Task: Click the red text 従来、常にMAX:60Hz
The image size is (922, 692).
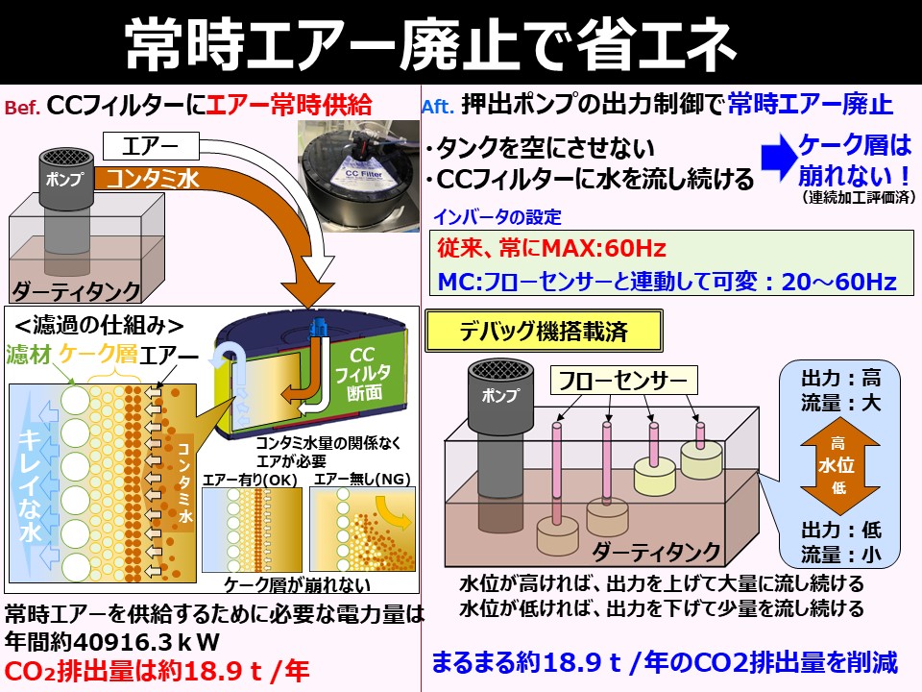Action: (x=551, y=248)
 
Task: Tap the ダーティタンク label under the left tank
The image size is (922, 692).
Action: (x=77, y=290)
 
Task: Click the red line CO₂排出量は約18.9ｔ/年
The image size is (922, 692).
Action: (x=158, y=670)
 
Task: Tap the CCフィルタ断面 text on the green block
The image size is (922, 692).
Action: (x=368, y=374)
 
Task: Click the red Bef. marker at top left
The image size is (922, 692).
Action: (x=22, y=109)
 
